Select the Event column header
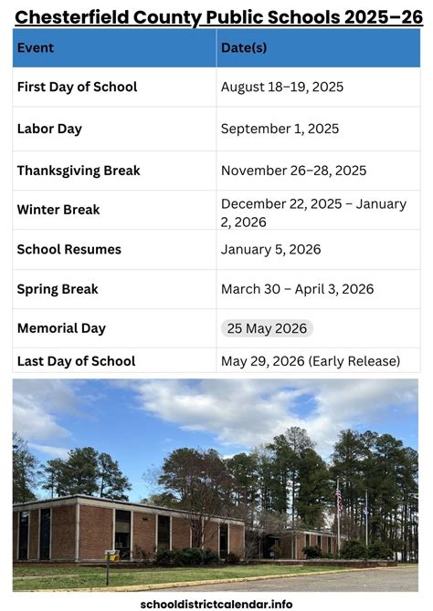tap(36, 47)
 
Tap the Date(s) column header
tap(244, 47)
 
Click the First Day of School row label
tap(77, 87)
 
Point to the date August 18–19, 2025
tap(282, 88)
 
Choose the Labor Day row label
tap(49, 129)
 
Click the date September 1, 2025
tap(280, 129)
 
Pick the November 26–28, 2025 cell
tap(293, 171)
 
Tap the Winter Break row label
tap(58, 210)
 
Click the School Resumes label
tap(69, 249)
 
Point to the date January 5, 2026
tap(270, 249)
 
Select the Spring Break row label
tap(58, 289)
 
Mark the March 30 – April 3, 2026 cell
tap(297, 289)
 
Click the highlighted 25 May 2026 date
tap(267, 328)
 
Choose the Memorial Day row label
tap(61, 328)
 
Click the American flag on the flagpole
tap(339, 498)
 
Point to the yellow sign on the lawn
tap(111, 554)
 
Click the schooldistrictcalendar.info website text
tap(216, 603)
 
